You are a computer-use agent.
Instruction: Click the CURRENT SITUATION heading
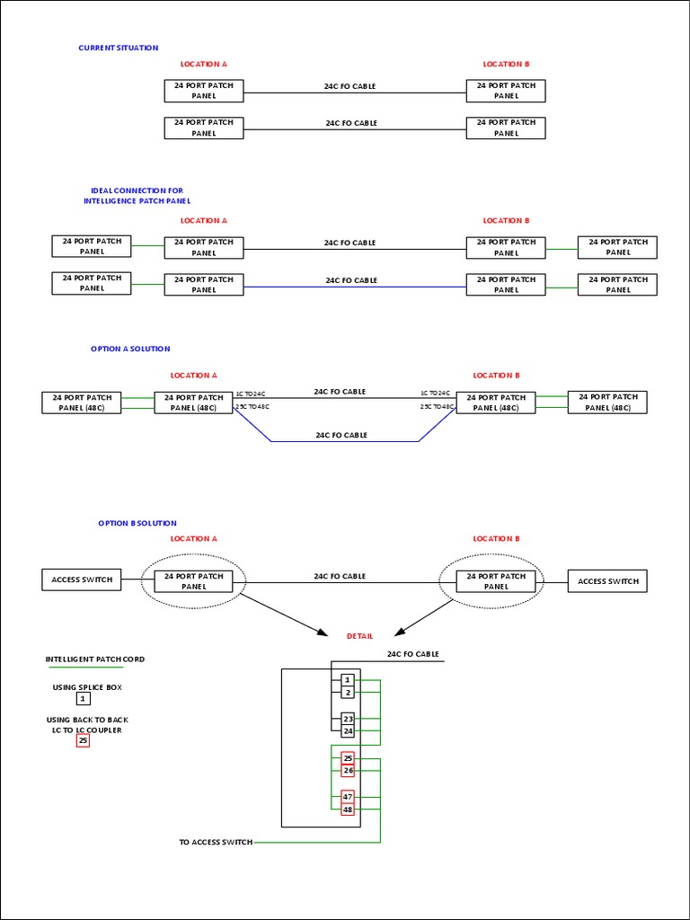119,48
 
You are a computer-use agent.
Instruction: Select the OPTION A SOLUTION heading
130,349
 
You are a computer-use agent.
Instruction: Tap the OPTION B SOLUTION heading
137,523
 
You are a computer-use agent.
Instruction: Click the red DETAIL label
359,636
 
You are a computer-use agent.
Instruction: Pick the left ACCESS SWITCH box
82,580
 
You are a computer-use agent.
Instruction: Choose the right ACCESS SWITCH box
607,581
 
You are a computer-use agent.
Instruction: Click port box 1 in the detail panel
348,681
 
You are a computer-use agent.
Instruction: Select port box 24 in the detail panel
348,731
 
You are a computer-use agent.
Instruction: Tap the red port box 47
348,797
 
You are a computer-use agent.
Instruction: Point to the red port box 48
348,809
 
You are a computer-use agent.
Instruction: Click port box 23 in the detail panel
348,720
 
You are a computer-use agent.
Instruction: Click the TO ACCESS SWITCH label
216,842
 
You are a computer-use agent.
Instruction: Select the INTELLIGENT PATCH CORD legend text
95,659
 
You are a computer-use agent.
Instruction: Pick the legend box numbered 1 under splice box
83,698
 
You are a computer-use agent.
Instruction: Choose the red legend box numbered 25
83,741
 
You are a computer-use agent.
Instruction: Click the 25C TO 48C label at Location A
252,407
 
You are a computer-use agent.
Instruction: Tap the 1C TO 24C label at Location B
435,394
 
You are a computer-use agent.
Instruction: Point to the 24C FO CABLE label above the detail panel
412,654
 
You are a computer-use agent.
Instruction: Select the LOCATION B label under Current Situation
506,64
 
